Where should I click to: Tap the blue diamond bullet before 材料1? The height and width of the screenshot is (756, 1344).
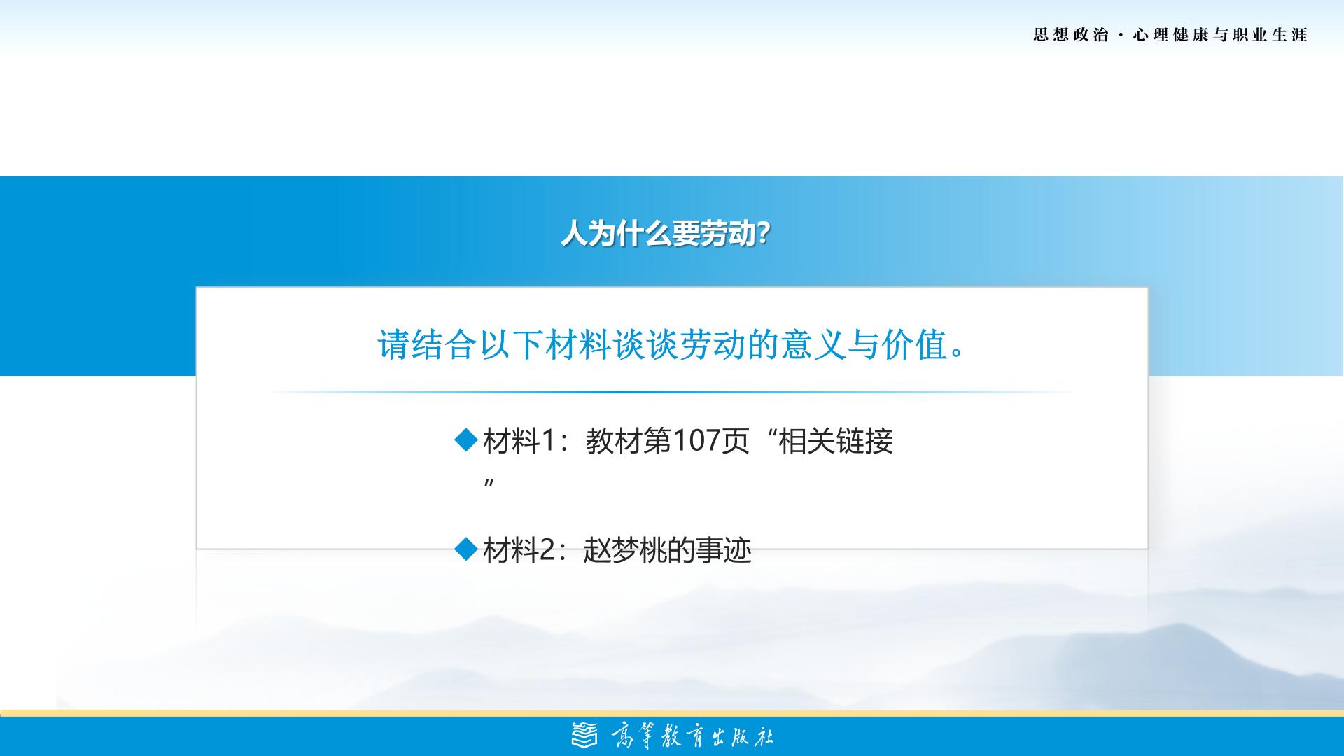pos(465,441)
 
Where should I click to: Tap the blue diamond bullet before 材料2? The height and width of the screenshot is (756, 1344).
pos(465,549)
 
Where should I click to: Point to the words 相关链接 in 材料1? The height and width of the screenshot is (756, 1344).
pos(836,441)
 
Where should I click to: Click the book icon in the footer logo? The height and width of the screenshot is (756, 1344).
pos(585,735)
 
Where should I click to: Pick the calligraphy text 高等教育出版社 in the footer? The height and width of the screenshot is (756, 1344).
pos(692,736)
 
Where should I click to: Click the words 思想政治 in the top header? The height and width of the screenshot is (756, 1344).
pos(1071,35)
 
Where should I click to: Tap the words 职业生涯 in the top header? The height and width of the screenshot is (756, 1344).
pos(1270,35)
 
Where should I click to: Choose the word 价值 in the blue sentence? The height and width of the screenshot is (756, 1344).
pos(915,344)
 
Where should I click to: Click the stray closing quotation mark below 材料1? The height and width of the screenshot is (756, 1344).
pos(489,483)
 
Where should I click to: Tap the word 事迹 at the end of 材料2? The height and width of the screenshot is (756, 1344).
pos(719,550)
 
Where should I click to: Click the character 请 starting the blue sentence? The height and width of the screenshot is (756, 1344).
pos(394,344)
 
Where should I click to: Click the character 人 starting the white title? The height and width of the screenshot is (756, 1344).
pos(574,234)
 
